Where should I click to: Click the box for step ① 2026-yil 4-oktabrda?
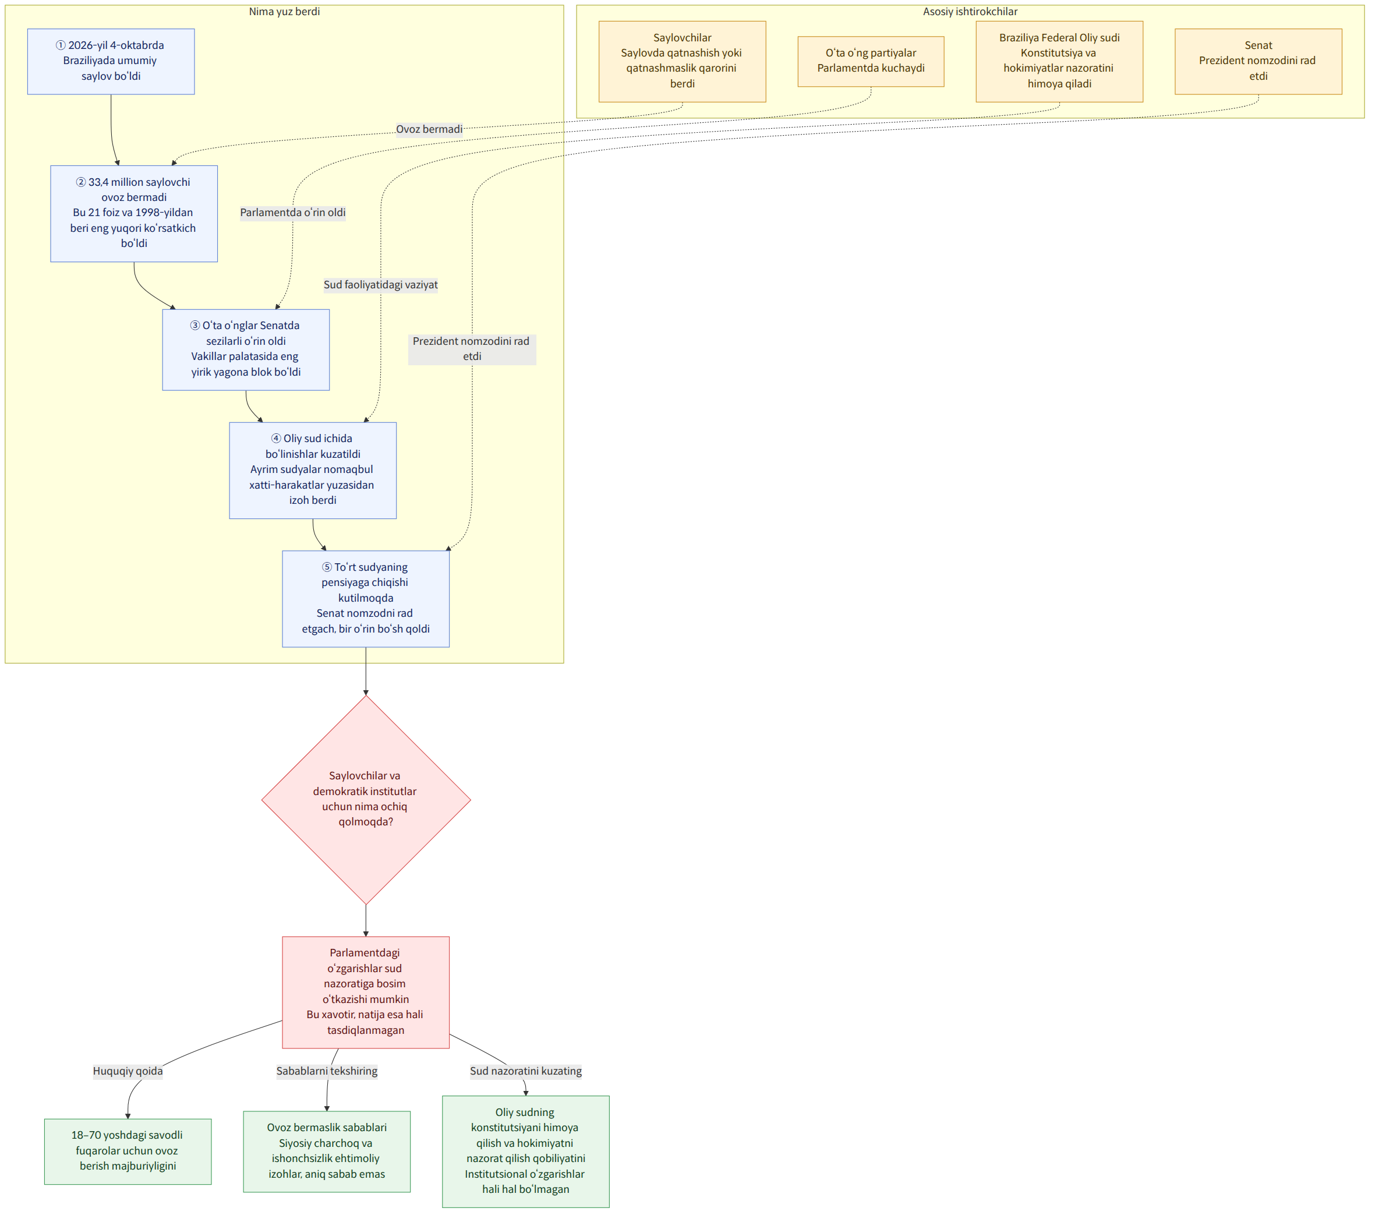click(111, 61)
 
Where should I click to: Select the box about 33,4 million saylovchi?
click(135, 214)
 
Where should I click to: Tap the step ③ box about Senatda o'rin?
click(246, 349)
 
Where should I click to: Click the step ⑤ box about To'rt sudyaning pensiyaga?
click(366, 599)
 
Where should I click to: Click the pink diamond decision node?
click(366, 800)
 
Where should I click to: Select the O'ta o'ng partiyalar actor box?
click(871, 61)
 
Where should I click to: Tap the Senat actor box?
click(1258, 61)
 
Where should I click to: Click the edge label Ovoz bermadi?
click(429, 129)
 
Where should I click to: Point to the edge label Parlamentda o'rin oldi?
click(293, 213)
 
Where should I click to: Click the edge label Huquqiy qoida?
click(128, 1071)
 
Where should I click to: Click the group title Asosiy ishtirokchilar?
click(970, 12)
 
